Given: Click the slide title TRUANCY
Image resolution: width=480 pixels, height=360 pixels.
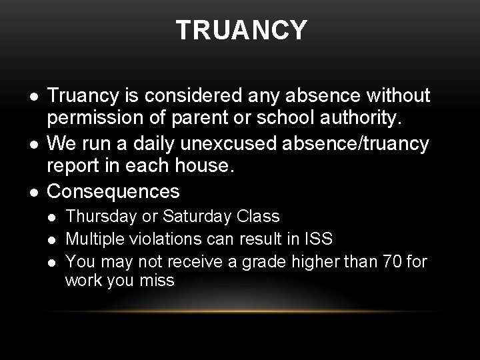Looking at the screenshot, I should [241, 30].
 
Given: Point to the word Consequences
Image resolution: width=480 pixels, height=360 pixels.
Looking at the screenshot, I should [114, 191].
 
